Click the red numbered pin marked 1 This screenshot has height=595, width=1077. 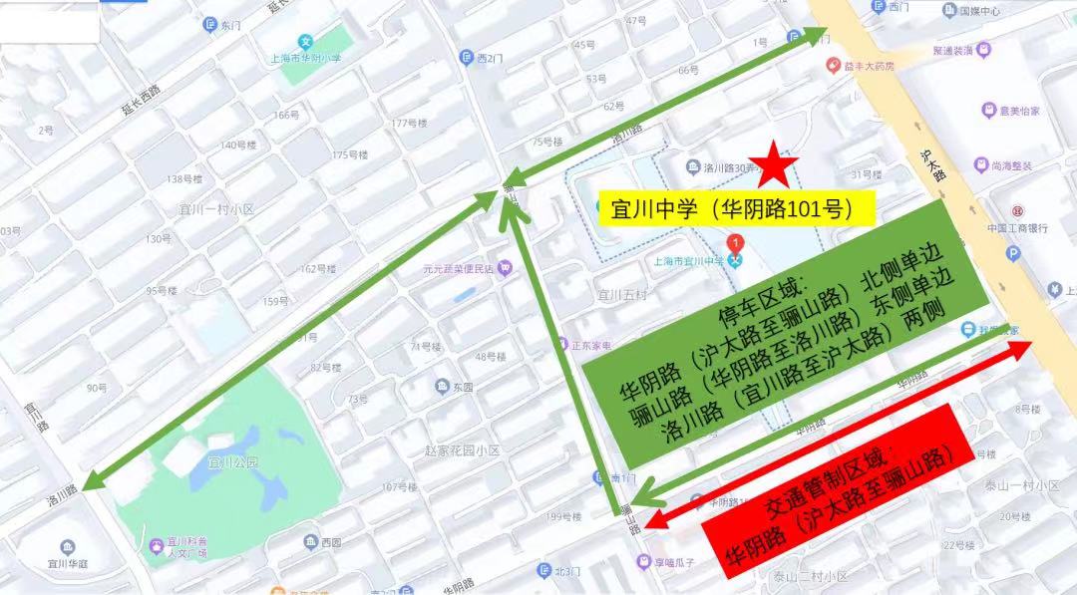pyautogui.click(x=735, y=242)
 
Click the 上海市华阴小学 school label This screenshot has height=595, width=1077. pyautogui.click(x=307, y=58)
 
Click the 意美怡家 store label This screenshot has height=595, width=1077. pyautogui.click(x=1018, y=111)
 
